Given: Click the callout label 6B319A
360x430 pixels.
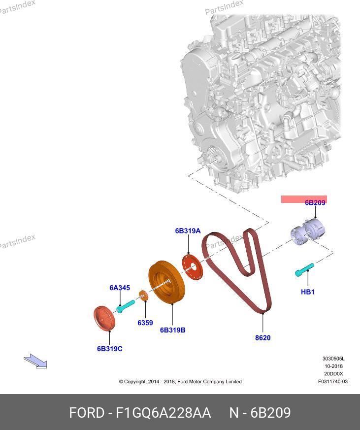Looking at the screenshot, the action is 188,231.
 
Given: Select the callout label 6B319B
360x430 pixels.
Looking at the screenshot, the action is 172,330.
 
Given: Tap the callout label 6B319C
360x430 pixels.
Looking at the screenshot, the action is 110,349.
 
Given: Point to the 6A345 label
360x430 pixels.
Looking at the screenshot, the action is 120,288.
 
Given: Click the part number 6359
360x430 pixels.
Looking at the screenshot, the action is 145,323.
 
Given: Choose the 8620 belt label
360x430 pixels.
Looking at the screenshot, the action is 262,337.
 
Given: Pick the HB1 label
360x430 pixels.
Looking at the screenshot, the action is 308,292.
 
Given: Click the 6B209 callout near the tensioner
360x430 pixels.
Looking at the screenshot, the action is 315,202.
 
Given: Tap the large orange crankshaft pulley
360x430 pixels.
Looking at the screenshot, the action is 166,282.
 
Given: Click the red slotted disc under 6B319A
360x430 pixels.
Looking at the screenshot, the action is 192,267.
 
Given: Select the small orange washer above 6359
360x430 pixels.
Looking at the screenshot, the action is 143,296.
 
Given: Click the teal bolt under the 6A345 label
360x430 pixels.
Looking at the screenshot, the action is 126,306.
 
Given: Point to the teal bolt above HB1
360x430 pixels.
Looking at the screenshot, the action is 304,269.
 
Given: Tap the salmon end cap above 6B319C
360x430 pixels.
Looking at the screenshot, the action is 104,318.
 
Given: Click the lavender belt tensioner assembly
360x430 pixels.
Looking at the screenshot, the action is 308,232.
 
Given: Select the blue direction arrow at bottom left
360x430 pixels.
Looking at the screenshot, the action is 35,361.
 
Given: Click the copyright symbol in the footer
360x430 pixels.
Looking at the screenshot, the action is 121,381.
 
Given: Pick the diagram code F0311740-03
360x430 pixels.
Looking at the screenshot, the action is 333,381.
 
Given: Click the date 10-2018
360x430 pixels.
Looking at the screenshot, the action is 333,366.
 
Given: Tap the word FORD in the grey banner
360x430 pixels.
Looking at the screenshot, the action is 87,413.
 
